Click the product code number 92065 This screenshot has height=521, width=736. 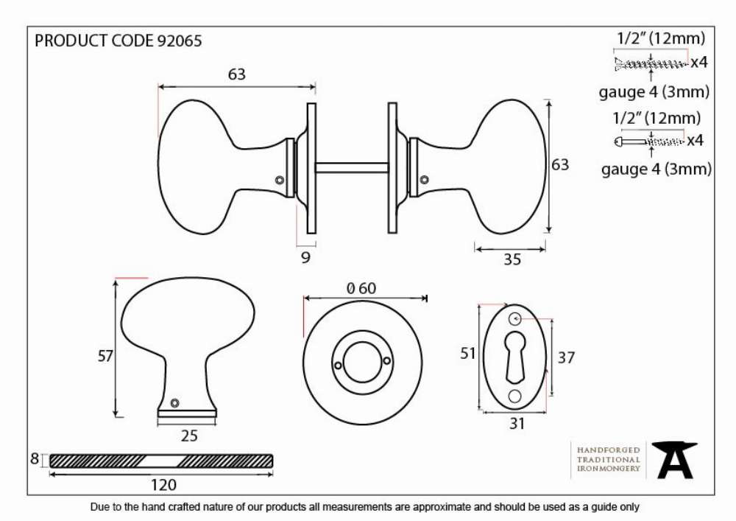tap(180, 41)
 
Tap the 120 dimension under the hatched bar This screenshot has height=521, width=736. tap(163, 485)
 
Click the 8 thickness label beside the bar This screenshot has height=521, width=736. tap(35, 458)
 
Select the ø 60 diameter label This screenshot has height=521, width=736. tap(361, 288)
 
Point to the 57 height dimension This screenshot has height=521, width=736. tap(105, 356)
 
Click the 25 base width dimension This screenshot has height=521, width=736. tap(189, 436)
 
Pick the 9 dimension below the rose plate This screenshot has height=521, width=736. tap(305, 257)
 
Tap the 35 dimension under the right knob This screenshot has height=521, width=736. tap(512, 259)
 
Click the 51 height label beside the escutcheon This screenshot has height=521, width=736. tap(467, 353)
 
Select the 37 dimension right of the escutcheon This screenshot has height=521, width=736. tap(566, 358)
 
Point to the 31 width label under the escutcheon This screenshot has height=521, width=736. tap(517, 424)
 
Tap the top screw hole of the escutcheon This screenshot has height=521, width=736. tap(515, 319)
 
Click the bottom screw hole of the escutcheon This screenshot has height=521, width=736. tap(515, 397)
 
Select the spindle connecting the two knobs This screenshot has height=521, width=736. tap(352, 168)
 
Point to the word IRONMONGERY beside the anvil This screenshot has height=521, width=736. tap(609, 469)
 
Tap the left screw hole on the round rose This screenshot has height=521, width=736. tap(338, 365)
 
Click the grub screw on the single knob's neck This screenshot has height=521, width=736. tap(174, 402)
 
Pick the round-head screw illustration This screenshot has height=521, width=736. tap(649, 141)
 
